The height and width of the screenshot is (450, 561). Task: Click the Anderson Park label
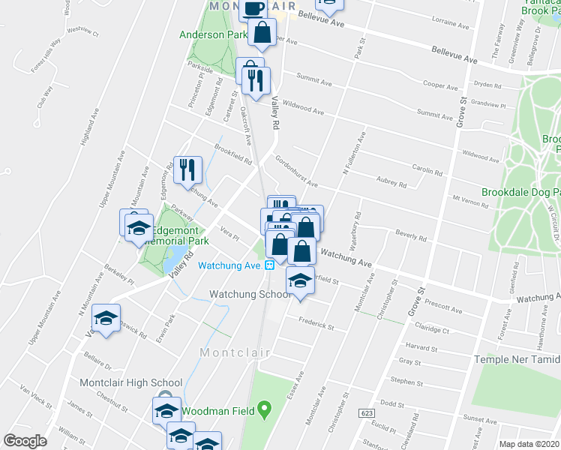pos(213,34)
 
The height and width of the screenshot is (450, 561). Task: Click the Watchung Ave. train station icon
pos(269,265)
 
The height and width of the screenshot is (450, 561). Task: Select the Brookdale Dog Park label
pos(520,191)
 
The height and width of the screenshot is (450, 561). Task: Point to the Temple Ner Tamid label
pos(517,360)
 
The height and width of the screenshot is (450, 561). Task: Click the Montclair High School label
pos(131,382)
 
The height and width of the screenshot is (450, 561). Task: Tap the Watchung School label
pos(249,294)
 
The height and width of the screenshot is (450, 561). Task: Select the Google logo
pos(25,441)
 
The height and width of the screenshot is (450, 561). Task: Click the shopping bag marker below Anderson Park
pos(262,33)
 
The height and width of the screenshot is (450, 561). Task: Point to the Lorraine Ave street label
pos(450,23)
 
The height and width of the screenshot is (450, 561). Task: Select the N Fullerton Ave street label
pos(354,154)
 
